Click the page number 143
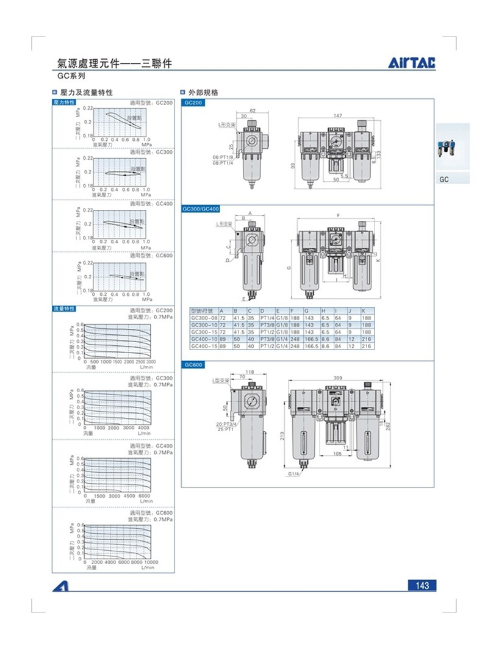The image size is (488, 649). [422, 586]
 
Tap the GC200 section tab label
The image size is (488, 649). [193, 103]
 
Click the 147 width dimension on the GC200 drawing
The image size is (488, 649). [337, 115]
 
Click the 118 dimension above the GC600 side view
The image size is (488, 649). [249, 371]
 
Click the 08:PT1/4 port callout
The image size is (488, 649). [223, 163]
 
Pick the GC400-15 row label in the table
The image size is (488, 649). [204, 346]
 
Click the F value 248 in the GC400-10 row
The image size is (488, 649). [295, 339]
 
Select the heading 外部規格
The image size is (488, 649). [204, 93]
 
